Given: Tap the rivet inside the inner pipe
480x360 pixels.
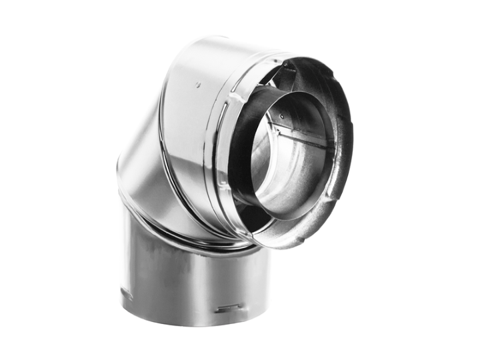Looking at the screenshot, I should coord(281,115).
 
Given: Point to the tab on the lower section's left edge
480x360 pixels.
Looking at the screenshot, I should coord(124,293).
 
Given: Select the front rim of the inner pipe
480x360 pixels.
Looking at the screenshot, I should coord(248,193).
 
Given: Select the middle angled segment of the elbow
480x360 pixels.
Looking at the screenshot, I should coord(143,180).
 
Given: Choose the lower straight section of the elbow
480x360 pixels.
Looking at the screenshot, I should coord(187,280).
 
